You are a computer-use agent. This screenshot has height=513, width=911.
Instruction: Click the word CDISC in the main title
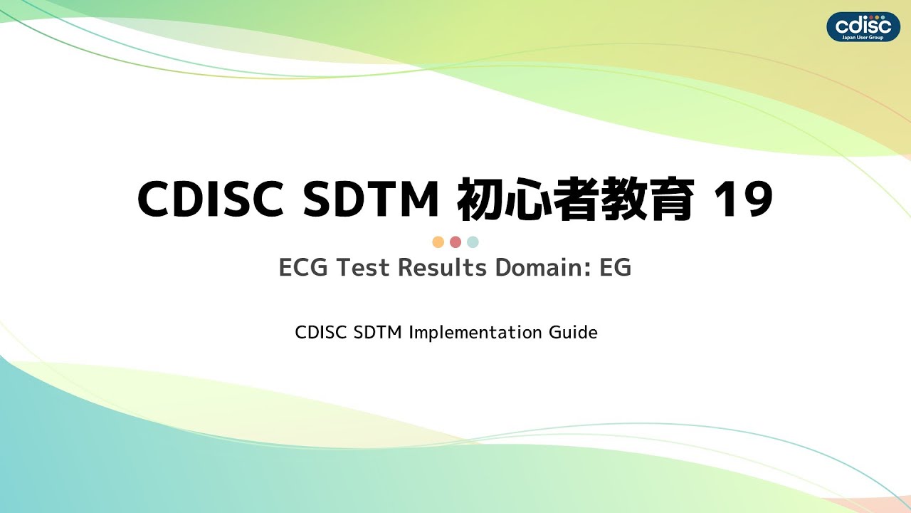212,200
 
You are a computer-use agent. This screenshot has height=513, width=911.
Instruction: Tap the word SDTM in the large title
371,200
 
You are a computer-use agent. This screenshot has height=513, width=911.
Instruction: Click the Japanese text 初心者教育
575,200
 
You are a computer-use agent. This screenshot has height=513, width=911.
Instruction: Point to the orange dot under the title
438,242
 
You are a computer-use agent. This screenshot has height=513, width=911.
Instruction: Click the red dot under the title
455,242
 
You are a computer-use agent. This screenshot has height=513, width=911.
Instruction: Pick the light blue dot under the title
473,242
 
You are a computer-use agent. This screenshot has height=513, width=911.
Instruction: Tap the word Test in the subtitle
364,269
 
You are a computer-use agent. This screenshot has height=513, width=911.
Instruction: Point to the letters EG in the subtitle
616,269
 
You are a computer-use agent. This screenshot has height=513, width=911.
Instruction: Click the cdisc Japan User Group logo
863,26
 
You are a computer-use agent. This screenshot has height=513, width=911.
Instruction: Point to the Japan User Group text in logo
863,36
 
